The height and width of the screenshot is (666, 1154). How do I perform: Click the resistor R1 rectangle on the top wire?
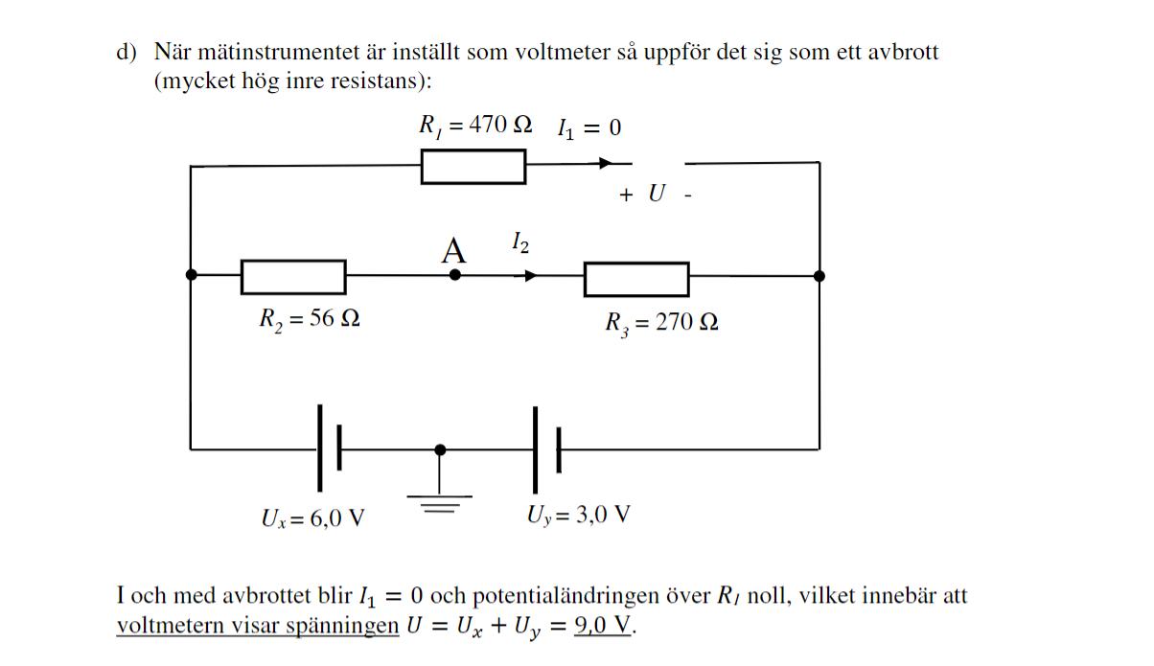point(473,166)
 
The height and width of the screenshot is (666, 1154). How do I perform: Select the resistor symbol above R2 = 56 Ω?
point(293,276)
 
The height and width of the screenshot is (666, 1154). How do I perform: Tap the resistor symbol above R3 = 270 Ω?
point(636,279)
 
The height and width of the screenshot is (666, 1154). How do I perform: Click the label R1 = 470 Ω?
point(475,126)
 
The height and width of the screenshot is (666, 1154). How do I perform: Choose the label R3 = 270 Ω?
point(661,323)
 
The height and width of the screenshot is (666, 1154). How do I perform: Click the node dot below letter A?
point(455,275)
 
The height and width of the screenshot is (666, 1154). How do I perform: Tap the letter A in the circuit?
point(453,251)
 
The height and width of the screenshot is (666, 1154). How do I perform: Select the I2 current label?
point(519,241)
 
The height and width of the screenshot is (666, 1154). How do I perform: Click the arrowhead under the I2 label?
point(529,276)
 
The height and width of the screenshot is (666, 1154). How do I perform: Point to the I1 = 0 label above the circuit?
point(589,127)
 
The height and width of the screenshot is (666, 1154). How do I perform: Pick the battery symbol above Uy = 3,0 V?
point(546,448)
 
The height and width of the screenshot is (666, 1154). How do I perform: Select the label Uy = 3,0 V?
point(578,516)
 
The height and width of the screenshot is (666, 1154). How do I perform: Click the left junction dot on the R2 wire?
point(191,275)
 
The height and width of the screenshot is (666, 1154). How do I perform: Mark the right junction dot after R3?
point(819,275)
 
